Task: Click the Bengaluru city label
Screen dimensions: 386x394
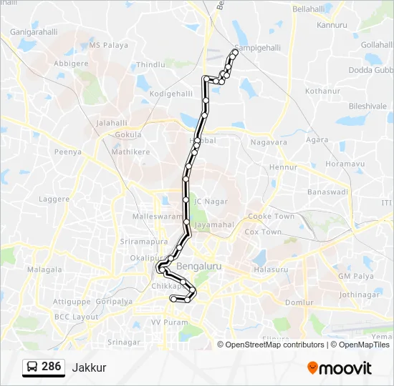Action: pyautogui.click(x=199, y=266)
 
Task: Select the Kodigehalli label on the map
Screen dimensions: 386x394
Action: pyautogui.click(x=171, y=94)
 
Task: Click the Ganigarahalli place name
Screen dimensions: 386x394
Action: pyautogui.click(x=34, y=32)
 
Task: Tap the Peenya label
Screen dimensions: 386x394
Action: pyautogui.click(x=69, y=152)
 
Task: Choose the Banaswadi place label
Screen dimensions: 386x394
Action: pyautogui.click(x=327, y=192)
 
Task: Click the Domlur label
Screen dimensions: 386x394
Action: pyautogui.click(x=299, y=302)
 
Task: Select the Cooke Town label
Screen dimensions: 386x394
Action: pyautogui.click(x=271, y=216)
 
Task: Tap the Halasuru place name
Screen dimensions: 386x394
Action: pyautogui.click(x=270, y=269)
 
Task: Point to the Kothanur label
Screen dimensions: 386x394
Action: pyautogui.click(x=322, y=91)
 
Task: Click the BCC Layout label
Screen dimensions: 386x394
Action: pyautogui.click(x=76, y=317)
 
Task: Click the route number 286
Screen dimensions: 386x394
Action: pyautogui.click(x=51, y=367)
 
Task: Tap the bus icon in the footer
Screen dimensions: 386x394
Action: pyautogui.click(x=32, y=367)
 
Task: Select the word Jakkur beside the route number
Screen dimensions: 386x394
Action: pyautogui.click(x=89, y=367)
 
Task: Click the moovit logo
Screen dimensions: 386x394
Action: pyautogui.click(x=340, y=367)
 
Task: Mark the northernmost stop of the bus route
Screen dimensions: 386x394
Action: pyautogui.click(x=235, y=51)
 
